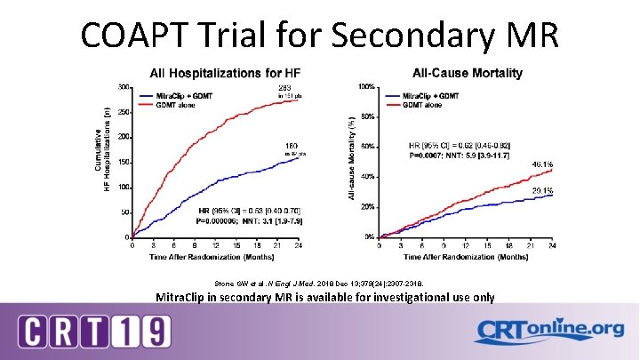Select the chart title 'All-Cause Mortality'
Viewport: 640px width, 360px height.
tap(467, 72)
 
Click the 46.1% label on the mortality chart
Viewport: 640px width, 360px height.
tap(542, 164)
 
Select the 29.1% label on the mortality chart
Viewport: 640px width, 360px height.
tap(542, 190)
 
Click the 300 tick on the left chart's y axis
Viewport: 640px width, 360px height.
tap(123, 87)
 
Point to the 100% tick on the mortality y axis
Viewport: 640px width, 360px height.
tap(364, 87)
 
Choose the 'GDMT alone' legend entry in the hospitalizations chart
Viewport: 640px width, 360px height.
tap(178, 104)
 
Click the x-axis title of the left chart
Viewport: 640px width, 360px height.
tap(216, 255)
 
